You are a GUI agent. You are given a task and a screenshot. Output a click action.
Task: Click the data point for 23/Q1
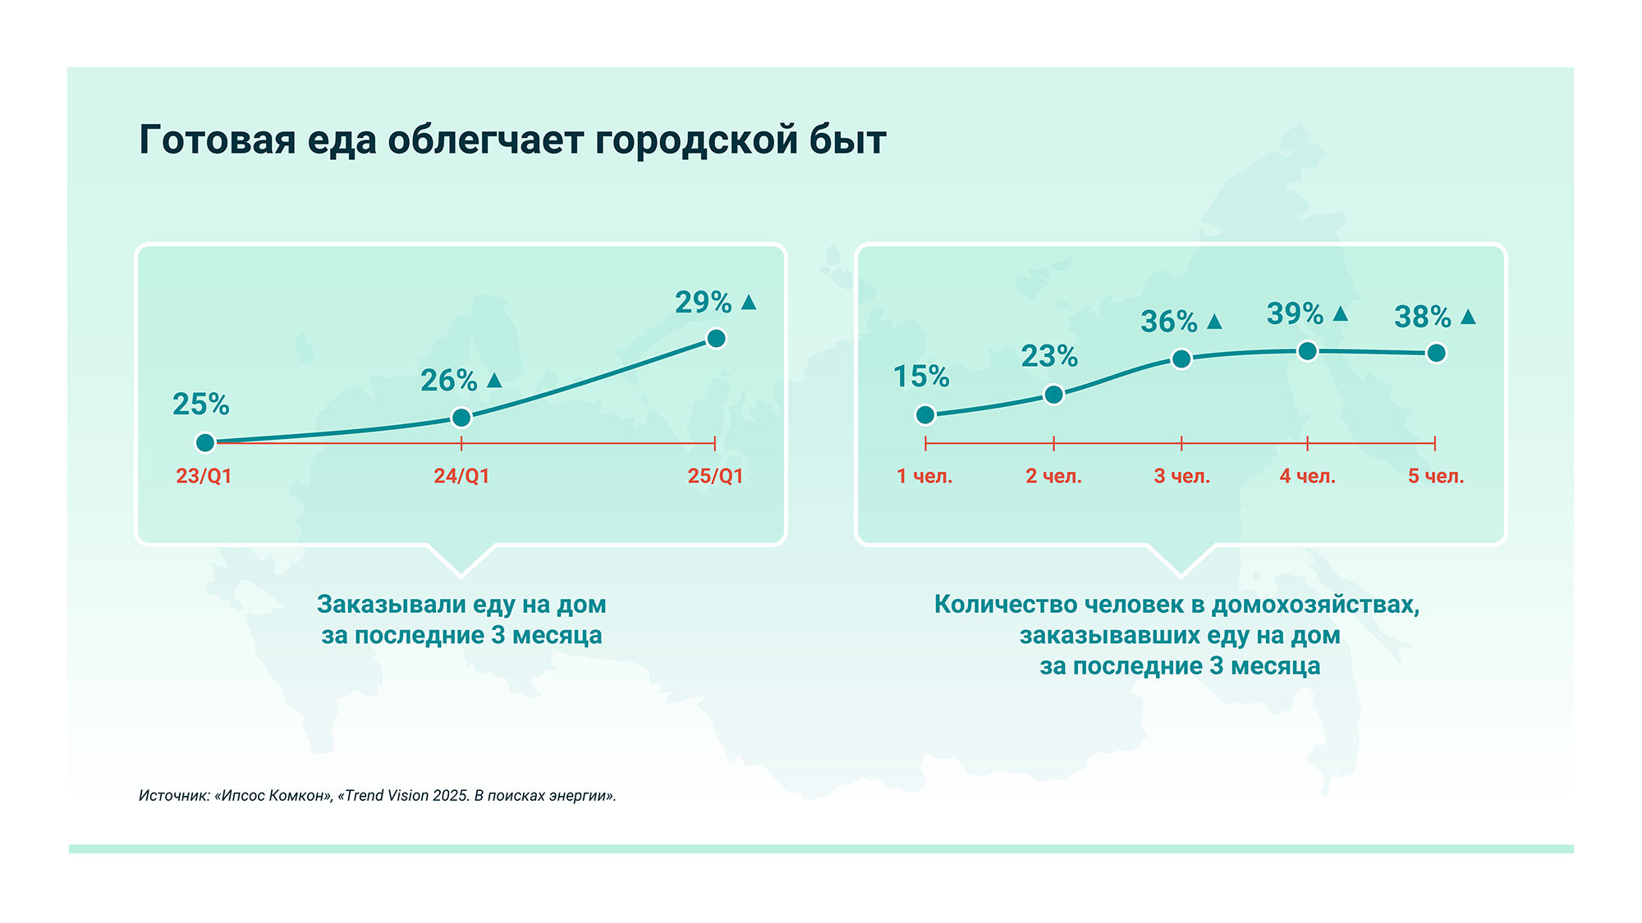pos(205,443)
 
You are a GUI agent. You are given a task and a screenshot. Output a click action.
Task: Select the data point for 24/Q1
pos(461,418)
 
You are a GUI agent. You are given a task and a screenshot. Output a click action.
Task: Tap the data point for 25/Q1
pos(716,338)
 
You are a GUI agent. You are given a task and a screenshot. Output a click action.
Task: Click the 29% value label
pos(703,303)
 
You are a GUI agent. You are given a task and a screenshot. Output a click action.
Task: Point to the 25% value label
pos(201,404)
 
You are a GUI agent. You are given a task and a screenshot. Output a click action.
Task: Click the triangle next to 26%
pos(494,380)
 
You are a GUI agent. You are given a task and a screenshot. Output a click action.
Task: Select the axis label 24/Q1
pos(461,476)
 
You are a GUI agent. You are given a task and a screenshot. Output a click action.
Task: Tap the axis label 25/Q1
pos(715,476)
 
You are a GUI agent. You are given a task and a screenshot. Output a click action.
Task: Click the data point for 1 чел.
pos(925,415)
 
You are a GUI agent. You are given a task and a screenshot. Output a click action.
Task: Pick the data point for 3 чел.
pos(1181,359)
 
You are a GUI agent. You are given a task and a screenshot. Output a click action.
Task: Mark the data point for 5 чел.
pos(1436,353)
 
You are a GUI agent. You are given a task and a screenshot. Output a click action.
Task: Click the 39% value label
pos(1295,313)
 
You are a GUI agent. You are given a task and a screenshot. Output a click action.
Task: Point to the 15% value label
pos(921,377)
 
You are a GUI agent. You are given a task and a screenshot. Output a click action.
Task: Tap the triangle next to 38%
pos(1469,316)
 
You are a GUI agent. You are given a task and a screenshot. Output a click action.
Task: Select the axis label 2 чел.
pos(1053,476)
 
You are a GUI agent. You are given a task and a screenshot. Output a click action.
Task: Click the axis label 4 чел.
pos(1307,476)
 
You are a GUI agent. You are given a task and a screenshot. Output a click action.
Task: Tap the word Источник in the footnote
pos(173,796)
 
